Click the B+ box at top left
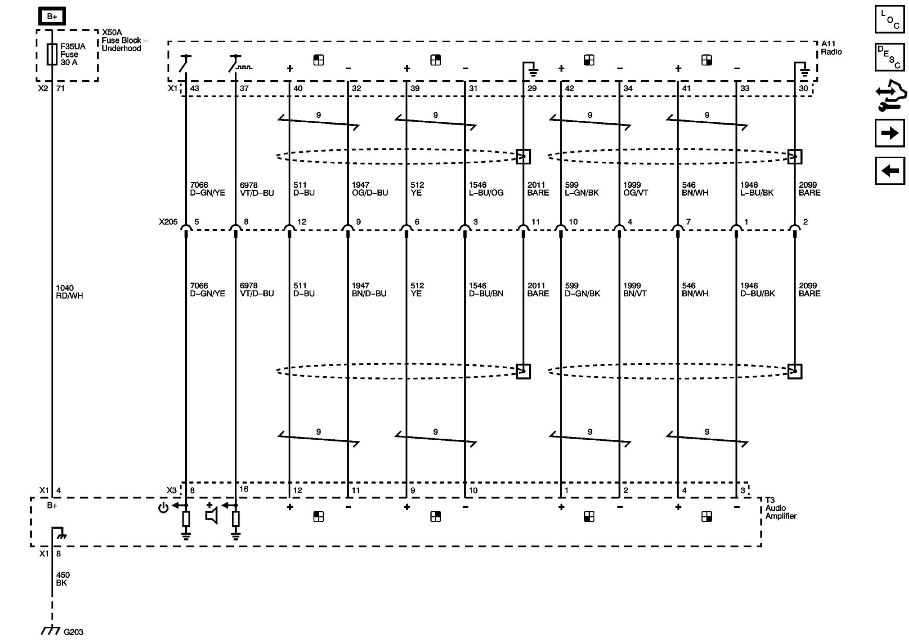pos(52,17)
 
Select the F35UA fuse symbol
pos(52,54)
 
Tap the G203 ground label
pos(73,632)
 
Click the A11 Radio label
pos(831,48)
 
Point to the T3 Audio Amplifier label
pos(780,508)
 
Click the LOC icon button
pos(889,19)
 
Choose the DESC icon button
pos(889,57)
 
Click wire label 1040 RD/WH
pos(69,292)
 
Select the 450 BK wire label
pos(63,579)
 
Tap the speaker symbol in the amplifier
pos(212,516)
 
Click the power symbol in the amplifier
pos(163,508)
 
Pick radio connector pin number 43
pos(195,88)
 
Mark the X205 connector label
pos(168,222)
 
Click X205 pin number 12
pos(302,222)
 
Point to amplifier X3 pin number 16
pos(244,489)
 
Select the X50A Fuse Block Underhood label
pos(123,41)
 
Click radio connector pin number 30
pos(803,88)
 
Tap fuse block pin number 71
pos(61,88)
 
